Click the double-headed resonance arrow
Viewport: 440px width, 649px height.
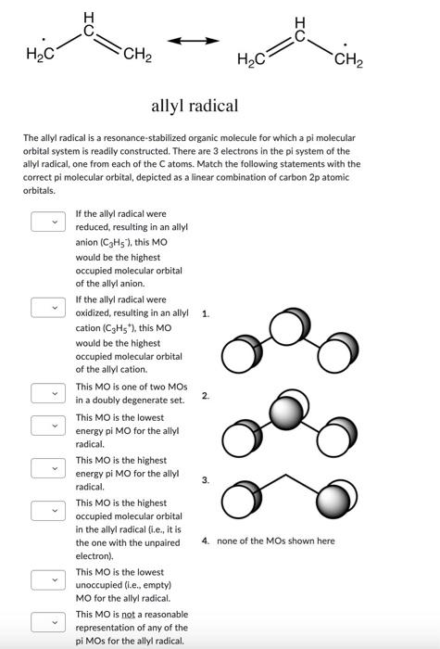[x=193, y=42]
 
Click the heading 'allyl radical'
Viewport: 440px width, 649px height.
[x=195, y=107]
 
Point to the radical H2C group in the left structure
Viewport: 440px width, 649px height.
[x=40, y=57]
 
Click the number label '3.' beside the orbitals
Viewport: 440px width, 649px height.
[x=206, y=479]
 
